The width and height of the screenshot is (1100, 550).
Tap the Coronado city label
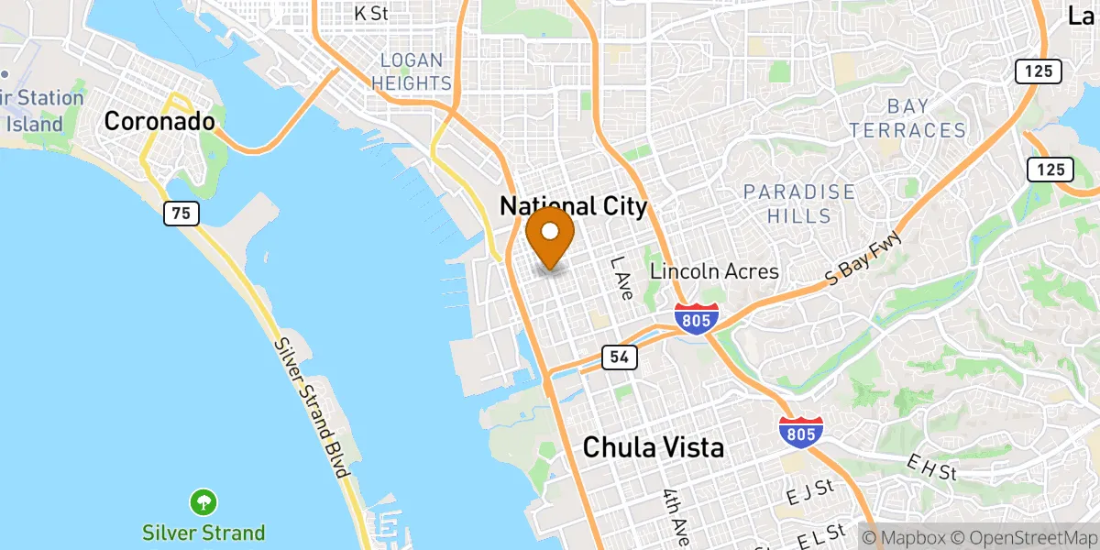click(159, 120)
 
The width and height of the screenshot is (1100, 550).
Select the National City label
click(573, 206)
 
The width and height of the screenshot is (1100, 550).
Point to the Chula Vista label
click(654, 447)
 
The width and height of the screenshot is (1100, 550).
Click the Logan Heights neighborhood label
click(416, 71)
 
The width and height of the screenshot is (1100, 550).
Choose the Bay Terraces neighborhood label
click(907, 118)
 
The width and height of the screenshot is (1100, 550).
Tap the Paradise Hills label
click(799, 204)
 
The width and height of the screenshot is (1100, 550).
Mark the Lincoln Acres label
click(714, 271)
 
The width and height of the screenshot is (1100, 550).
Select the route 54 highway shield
click(614, 357)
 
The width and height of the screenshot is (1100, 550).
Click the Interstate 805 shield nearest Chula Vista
click(800, 432)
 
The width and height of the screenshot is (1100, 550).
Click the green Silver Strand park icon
click(203, 502)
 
